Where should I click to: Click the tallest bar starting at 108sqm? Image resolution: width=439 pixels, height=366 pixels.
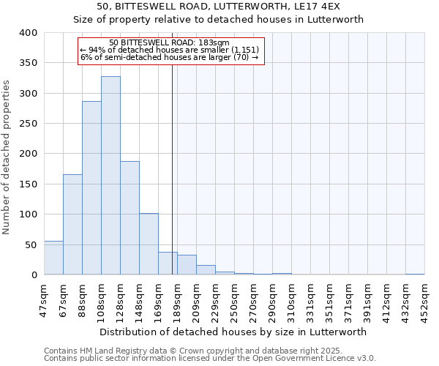tap(110, 176)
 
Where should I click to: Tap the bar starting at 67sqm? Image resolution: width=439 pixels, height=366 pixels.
tap(72, 225)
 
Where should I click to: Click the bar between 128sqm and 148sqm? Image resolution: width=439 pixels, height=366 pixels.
tap(130, 218)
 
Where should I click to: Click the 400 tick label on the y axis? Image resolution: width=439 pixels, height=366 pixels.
tap(29, 33)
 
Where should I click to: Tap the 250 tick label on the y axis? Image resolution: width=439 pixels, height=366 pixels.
tap(29, 124)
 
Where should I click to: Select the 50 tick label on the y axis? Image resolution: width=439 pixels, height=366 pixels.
tap(31, 244)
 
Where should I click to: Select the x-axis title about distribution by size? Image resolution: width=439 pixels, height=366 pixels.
tap(232, 332)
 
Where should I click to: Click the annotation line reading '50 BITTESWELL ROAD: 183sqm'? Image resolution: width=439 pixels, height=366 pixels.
tap(169, 42)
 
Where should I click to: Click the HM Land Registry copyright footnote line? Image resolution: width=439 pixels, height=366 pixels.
tap(188, 351)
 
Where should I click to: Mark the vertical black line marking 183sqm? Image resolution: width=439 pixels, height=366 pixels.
tap(172, 168)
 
